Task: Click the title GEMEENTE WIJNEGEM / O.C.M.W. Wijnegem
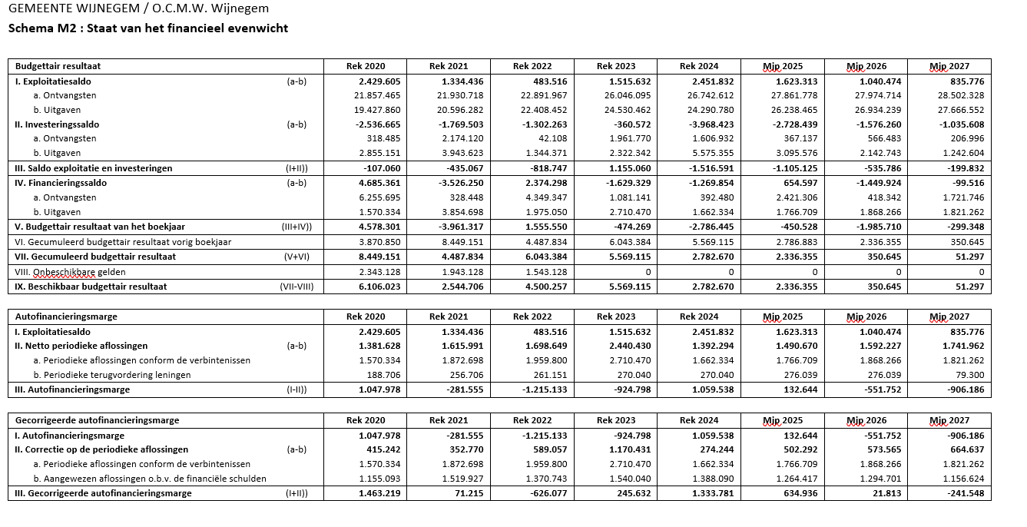pyautogui.click(x=138, y=9)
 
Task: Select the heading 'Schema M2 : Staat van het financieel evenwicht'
pyautogui.click(x=148, y=28)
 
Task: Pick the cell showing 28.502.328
pyautogui.click(x=961, y=95)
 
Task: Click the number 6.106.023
pyautogui.click(x=379, y=287)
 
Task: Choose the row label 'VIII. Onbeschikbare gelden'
pyautogui.click(x=70, y=272)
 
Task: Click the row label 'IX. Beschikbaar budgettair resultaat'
pyautogui.click(x=91, y=287)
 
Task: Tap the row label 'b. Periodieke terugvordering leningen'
pyautogui.click(x=112, y=375)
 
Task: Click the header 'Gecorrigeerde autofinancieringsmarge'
pyautogui.click(x=97, y=420)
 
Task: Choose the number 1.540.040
pyautogui.click(x=629, y=479)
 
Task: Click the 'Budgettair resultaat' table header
pyautogui.click(x=58, y=66)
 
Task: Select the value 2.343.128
pyautogui.click(x=379, y=272)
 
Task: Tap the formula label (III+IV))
pyautogui.click(x=297, y=227)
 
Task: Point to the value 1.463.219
pyautogui.click(x=379, y=493)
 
